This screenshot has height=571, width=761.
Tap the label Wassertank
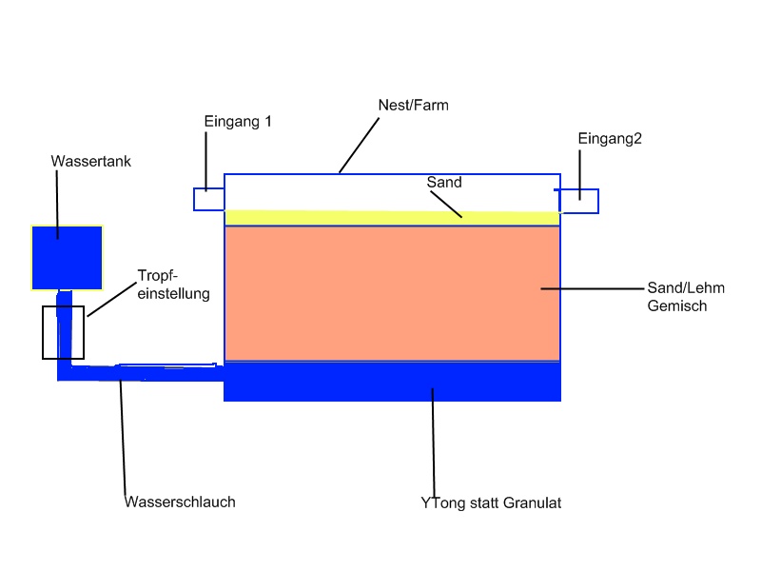[90, 162]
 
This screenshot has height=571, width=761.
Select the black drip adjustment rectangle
[63, 332]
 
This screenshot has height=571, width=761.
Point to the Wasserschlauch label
[180, 502]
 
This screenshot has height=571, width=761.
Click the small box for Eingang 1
[208, 199]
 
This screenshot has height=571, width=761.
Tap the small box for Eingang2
[578, 201]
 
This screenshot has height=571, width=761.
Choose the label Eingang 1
[238, 122]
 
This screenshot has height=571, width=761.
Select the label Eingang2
[610, 139]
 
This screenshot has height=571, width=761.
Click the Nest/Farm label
[415, 105]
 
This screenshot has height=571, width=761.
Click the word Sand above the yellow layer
[443, 181]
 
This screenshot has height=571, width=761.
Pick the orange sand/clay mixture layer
[392, 293]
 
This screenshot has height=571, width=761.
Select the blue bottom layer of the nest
[392, 382]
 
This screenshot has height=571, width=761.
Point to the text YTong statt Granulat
[491, 502]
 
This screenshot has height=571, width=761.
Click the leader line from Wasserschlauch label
[123, 438]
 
